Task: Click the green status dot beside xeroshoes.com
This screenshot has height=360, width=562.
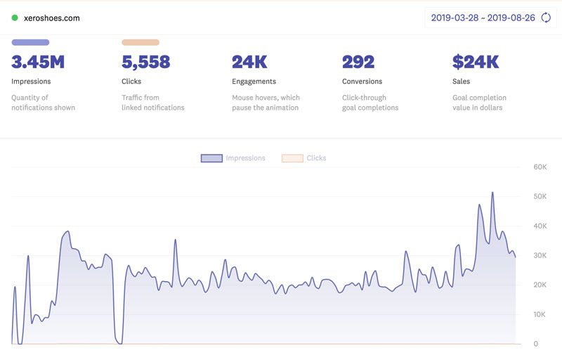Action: click(x=15, y=18)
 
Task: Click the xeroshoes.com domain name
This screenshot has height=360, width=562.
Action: click(x=51, y=18)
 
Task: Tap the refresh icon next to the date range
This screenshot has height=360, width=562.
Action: click(x=546, y=18)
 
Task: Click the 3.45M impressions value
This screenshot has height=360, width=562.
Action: click(x=38, y=62)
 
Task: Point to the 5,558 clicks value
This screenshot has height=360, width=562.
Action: click(x=146, y=62)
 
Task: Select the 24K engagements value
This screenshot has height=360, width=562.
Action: click(x=249, y=62)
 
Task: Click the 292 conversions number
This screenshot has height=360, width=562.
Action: click(x=358, y=62)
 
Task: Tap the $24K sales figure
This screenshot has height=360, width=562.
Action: click(x=476, y=62)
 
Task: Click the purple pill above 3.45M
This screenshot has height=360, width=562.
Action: click(x=30, y=42)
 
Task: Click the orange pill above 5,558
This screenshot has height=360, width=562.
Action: click(x=140, y=42)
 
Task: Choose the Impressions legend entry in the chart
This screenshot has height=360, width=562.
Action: click(x=233, y=158)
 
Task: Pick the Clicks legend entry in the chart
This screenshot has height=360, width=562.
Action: click(x=305, y=158)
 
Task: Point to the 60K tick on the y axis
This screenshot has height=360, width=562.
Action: click(x=540, y=167)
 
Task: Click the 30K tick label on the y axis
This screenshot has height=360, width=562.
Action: click(x=540, y=255)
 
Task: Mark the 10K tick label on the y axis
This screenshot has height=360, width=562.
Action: click(x=540, y=314)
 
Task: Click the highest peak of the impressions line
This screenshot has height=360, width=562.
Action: click(x=492, y=193)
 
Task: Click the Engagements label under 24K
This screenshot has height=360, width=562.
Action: click(x=254, y=82)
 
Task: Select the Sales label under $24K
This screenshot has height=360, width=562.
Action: click(x=462, y=82)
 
